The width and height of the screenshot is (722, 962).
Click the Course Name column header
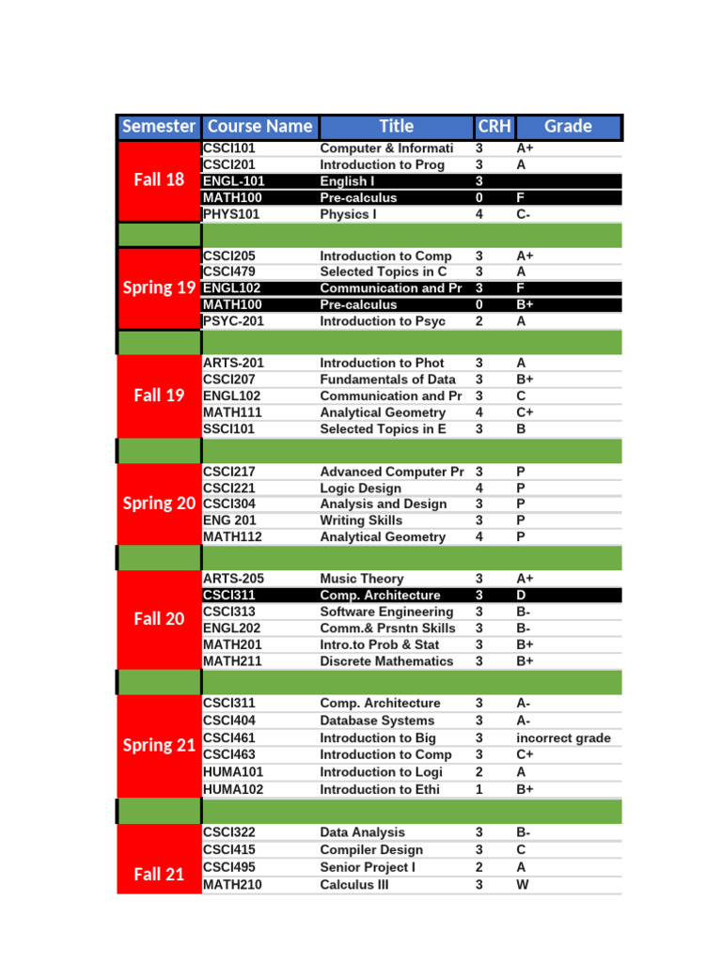(x=259, y=126)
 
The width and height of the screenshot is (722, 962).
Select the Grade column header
(x=568, y=126)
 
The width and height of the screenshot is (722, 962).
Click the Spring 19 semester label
(x=159, y=287)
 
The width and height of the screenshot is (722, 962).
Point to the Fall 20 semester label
(x=159, y=619)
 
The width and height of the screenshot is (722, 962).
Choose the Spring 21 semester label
(x=159, y=746)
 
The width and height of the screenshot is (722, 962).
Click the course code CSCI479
(x=229, y=272)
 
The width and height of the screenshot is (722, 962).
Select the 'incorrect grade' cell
(x=563, y=737)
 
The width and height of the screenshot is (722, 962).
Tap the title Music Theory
(x=362, y=579)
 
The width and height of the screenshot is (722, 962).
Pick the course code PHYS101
(x=231, y=214)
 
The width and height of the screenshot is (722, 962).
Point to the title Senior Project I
(x=368, y=867)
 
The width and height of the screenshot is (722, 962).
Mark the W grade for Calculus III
(x=523, y=885)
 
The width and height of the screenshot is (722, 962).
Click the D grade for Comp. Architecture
(x=521, y=595)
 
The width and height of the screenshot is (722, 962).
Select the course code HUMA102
(x=233, y=789)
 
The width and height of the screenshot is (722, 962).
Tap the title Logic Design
(x=360, y=488)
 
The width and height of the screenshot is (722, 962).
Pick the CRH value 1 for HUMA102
(x=479, y=789)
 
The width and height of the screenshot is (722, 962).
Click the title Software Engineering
(x=386, y=612)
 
